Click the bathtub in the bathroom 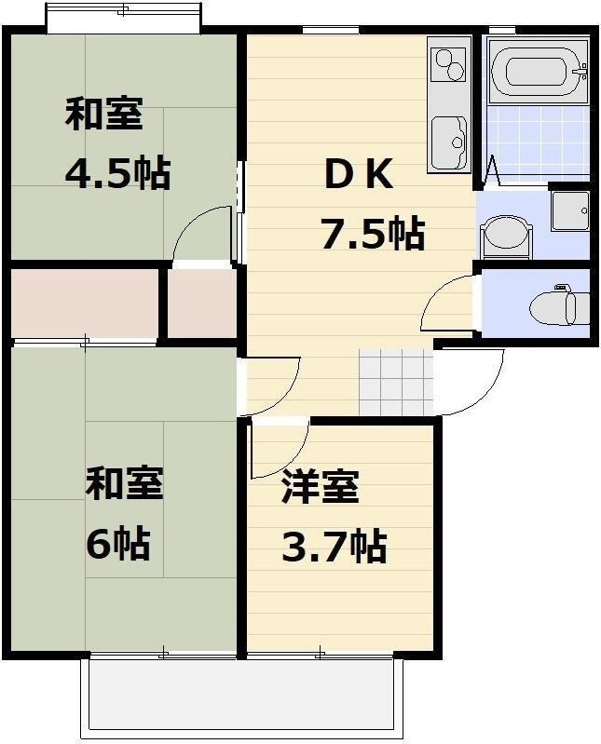coord(539,72)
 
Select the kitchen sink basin coord(448,142)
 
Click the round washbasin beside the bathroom coord(506,237)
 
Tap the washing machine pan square coord(570,210)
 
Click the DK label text coord(359,175)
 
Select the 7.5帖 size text coord(373,233)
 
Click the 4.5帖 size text coord(117,173)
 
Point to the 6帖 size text coord(117,542)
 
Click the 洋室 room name coord(321,486)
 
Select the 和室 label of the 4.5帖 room coord(104,114)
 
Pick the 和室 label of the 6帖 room coord(124,483)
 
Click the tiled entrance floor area coord(396,383)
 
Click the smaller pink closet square coord(202,304)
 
